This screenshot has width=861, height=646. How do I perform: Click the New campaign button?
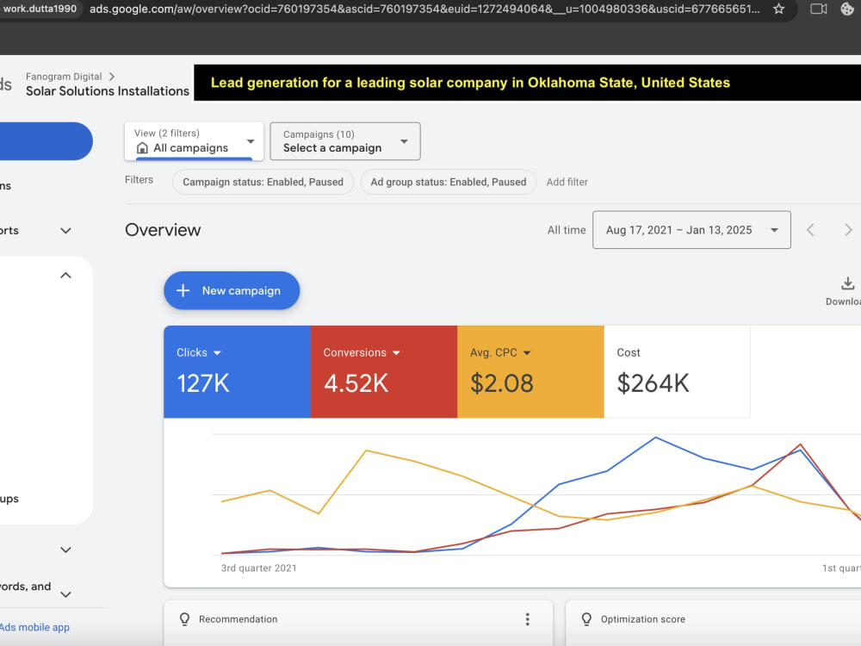232,290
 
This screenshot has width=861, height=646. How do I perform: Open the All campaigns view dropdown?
194,141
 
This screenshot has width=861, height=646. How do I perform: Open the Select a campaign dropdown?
345,141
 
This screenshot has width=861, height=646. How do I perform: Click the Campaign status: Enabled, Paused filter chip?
263,182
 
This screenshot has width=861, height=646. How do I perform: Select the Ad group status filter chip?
448,182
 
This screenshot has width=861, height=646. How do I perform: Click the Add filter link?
567,182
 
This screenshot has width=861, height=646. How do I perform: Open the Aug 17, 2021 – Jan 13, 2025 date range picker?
691,230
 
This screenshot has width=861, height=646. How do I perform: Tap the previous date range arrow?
810,230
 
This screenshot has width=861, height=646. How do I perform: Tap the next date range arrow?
848,230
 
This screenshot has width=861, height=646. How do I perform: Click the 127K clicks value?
202,383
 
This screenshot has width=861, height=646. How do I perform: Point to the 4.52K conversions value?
356,383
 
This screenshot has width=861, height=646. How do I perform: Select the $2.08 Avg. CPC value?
501,383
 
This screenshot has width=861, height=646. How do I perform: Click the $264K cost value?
653,383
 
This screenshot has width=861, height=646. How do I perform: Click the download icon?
848,283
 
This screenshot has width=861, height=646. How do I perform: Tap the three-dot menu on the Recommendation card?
527,619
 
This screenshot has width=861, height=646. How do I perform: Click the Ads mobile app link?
34,627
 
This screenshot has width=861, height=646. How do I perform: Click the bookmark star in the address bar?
778,9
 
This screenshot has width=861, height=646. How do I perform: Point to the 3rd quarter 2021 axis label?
258,568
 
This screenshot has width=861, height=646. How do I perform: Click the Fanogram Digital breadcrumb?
64,77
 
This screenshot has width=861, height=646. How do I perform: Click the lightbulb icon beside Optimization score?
586,619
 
